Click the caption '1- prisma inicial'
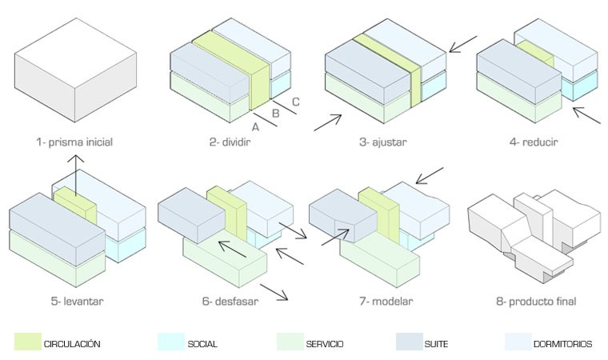point(74,143)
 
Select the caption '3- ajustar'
point(383,143)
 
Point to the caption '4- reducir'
point(533,143)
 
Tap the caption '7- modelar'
point(383,302)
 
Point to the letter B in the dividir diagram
point(276,114)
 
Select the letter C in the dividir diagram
point(295,102)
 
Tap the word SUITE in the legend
point(437,344)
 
